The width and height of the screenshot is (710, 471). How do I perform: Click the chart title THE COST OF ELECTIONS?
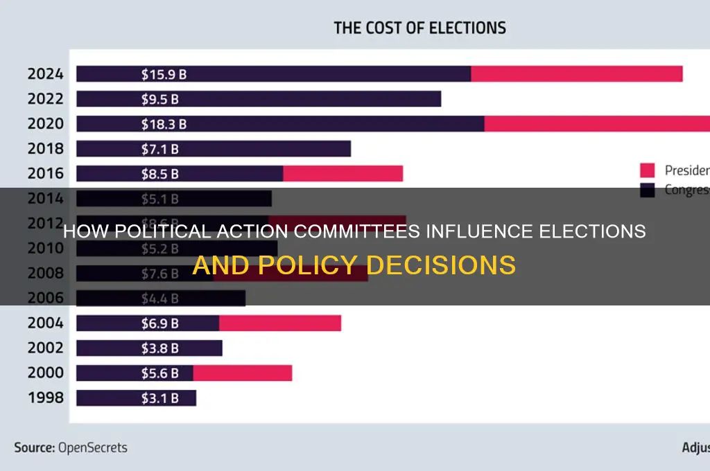pyautogui.click(x=419, y=28)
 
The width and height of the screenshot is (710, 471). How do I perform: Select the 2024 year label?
pyautogui.click(x=45, y=73)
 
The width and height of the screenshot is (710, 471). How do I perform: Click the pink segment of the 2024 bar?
pyautogui.click(x=576, y=73)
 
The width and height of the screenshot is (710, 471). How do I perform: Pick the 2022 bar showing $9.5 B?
pyautogui.click(x=258, y=99)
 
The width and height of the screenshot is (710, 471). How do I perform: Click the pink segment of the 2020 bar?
pyautogui.click(x=596, y=124)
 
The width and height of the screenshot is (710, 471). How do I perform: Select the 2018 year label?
pyautogui.click(x=45, y=149)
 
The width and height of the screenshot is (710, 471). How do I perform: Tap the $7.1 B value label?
pyautogui.click(x=157, y=149)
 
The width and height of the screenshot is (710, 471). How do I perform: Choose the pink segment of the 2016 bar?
pyautogui.click(x=343, y=174)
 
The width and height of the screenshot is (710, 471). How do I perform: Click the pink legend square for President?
pyautogui.click(x=647, y=170)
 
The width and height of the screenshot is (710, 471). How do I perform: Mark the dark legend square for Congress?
pyautogui.click(x=647, y=190)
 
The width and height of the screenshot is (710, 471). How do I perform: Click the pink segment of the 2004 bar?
pyautogui.click(x=279, y=323)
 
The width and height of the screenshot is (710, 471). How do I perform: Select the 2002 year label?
pyautogui.click(x=45, y=348)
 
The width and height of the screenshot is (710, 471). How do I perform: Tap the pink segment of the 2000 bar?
pyautogui.click(x=242, y=373)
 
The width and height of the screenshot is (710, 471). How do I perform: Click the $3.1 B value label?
pyautogui.click(x=157, y=398)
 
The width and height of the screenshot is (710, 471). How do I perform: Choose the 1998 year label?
pyautogui.click(x=45, y=398)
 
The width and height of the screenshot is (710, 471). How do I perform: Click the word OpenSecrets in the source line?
pyautogui.click(x=93, y=447)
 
